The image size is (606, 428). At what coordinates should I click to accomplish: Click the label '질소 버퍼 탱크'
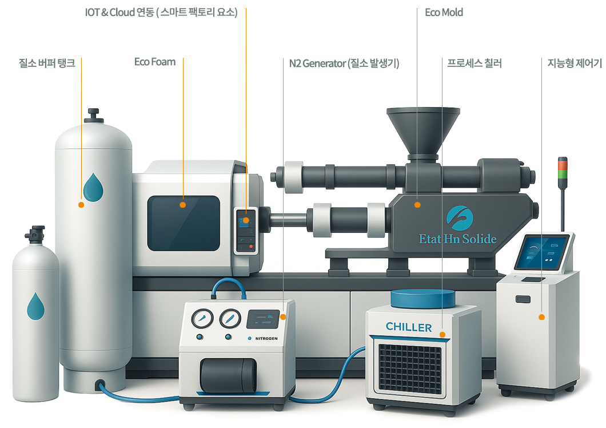tap(47, 62)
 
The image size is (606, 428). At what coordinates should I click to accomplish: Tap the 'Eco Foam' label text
tap(155, 62)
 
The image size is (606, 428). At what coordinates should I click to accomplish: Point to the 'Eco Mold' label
tap(444, 12)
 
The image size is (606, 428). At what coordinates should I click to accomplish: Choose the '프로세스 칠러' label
tap(474, 62)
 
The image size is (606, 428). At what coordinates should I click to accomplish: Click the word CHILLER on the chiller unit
tap(409, 327)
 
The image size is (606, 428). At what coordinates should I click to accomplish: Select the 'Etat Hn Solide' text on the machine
tap(457, 239)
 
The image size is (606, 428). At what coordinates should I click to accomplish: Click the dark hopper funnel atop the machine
tap(422, 128)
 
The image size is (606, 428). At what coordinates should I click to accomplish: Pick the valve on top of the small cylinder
tap(35, 235)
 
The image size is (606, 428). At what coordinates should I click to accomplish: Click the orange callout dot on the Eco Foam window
tap(183, 204)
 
